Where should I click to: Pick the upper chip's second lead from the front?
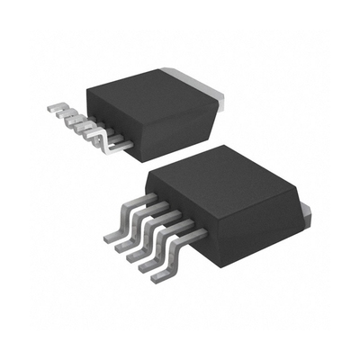coord(98,131)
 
